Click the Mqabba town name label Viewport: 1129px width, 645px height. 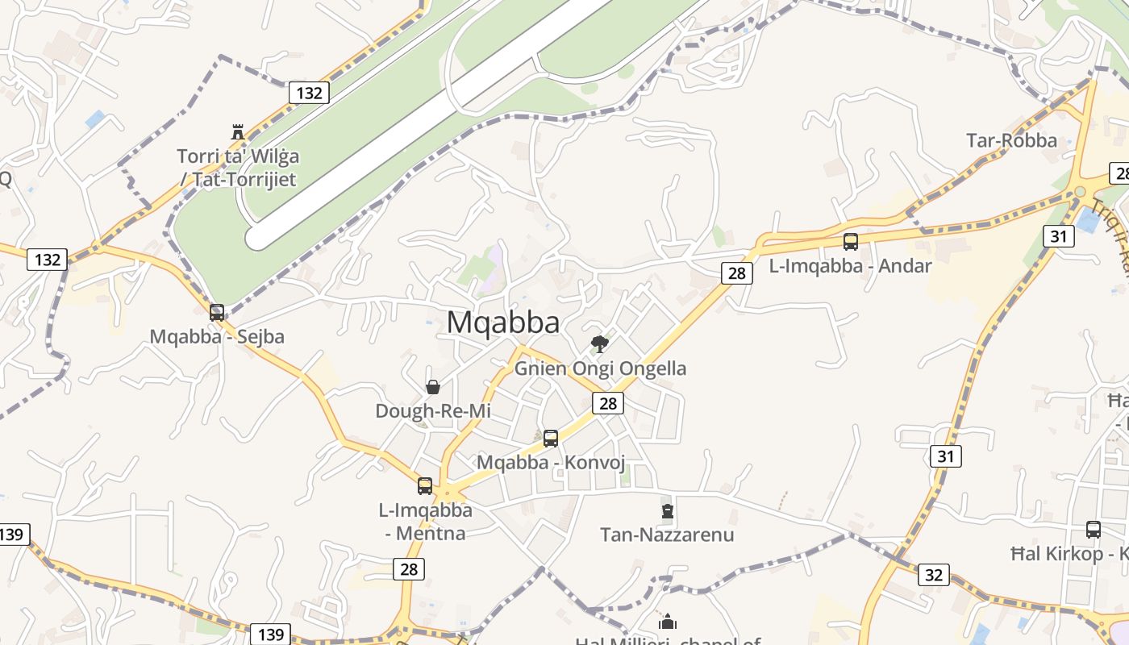pyautogui.click(x=503, y=322)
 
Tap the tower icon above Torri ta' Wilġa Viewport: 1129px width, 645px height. pyautogui.click(x=238, y=132)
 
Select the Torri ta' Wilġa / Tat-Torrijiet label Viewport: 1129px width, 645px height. pyautogui.click(x=237, y=168)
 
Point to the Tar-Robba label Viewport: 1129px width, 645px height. pyautogui.click(x=1011, y=140)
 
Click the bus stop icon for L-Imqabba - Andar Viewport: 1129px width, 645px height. pyautogui.click(x=851, y=241)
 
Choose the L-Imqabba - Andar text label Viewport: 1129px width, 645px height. pyautogui.click(x=850, y=265)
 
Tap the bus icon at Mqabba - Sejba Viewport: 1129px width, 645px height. pyautogui.click(x=217, y=312)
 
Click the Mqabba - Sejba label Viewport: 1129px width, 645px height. pyautogui.click(x=217, y=336)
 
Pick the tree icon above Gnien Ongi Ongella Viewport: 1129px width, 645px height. pyautogui.click(x=600, y=344)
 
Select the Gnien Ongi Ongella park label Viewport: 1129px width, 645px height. pyautogui.click(x=600, y=368)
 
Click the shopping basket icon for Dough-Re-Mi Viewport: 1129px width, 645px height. pyautogui.click(x=433, y=387)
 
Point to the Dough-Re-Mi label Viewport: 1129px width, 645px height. pyautogui.click(x=433, y=411)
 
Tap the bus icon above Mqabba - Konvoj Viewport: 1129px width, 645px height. pyautogui.click(x=551, y=439)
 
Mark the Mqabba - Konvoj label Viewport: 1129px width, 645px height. pyautogui.click(x=551, y=463)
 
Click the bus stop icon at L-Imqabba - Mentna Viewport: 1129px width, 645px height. pyautogui.click(x=425, y=485)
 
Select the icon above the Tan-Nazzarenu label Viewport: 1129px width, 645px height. pyautogui.click(x=668, y=510)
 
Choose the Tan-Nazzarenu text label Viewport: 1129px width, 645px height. pyautogui.click(x=667, y=535)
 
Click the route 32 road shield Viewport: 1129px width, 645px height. pyautogui.click(x=934, y=575)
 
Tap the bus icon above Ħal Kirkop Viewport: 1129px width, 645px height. pyautogui.click(x=1094, y=530)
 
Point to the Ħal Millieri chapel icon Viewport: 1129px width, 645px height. pyautogui.click(x=668, y=622)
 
